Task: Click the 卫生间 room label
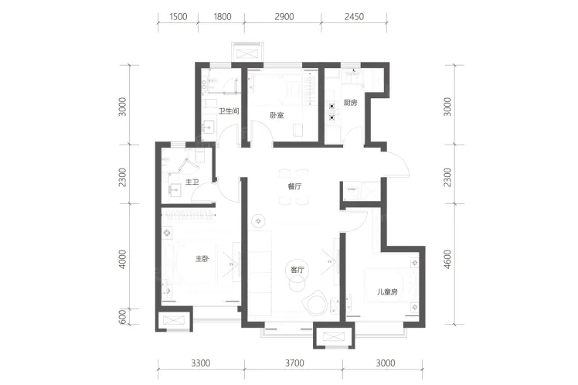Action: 229,111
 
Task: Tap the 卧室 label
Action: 277,115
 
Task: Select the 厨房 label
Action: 350,103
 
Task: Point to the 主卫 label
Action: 192,182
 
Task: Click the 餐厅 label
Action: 294,186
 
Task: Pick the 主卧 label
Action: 202,259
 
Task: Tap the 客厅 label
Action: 297,270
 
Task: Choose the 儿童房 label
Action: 387,292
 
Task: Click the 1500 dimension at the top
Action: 178,16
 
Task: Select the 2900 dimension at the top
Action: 284,16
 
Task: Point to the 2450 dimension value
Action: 354,16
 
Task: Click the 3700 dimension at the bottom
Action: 294,363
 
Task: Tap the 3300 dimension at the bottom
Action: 201,363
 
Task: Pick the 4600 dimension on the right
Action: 447,259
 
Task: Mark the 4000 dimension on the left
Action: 122,259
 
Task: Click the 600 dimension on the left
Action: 123,317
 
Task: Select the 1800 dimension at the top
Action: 223,16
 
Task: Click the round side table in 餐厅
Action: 258,221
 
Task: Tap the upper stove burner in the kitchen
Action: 332,106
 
